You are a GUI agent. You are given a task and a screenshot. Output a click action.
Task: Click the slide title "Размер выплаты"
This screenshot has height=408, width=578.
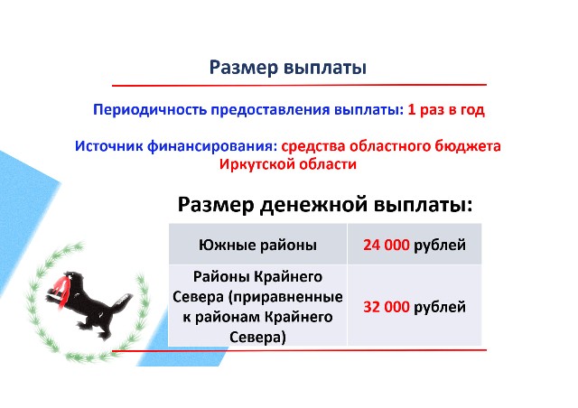288,69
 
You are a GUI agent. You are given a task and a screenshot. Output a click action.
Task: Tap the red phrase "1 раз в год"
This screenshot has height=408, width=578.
446,110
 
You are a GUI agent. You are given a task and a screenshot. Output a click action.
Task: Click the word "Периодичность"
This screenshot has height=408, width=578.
150,110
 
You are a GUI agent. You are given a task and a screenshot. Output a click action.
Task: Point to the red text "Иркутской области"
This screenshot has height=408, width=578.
288,164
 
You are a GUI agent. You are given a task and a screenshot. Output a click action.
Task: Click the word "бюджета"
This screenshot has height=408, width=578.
468,146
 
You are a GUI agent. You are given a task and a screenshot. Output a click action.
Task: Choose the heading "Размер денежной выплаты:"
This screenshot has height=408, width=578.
325,204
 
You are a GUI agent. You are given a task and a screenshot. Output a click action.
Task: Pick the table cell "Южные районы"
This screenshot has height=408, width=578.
257,245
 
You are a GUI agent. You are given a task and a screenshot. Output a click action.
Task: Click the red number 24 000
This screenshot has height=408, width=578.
386,245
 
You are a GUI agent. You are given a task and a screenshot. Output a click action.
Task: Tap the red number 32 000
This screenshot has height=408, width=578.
386,307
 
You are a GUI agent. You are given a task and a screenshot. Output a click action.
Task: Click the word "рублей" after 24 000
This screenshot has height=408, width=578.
440,246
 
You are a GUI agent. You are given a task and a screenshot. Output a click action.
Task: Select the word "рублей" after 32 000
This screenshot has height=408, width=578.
440,307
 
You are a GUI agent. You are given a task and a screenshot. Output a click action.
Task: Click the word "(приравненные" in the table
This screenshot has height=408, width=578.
285,297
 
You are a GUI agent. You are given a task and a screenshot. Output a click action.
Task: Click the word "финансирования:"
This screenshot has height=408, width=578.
212,147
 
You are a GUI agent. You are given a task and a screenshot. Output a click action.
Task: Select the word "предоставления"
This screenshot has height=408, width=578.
270,110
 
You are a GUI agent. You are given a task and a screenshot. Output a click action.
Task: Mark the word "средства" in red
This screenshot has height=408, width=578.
313,146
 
